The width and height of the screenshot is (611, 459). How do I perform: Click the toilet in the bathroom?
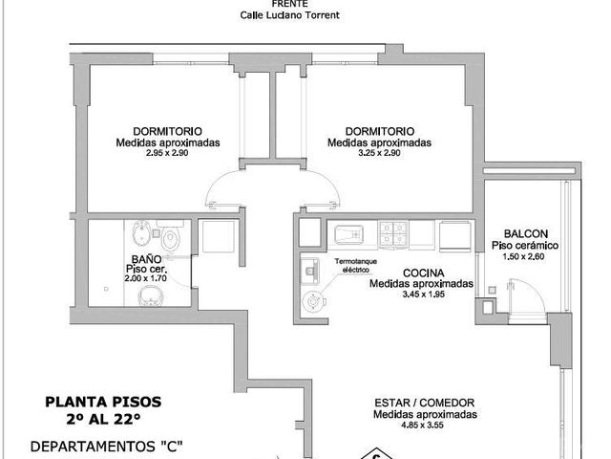pos(170,238)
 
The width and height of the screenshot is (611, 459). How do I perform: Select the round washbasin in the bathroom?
pos(151,295)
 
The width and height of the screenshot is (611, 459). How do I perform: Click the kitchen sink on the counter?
pos(348,234)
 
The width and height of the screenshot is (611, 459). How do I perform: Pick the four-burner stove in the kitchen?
pos(393,233)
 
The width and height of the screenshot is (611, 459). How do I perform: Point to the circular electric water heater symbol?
pos(313,301)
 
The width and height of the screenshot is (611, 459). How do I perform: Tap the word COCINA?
pos(424,273)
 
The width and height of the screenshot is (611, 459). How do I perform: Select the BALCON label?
pos(526,233)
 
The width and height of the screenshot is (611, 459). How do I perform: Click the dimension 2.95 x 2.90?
pos(167,153)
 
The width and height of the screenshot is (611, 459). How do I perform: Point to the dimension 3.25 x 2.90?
pos(379,153)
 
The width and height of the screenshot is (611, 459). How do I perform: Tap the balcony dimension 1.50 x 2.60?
pos(523,257)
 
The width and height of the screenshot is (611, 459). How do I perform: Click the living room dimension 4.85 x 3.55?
pos(422,425)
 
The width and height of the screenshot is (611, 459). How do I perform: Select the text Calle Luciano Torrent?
pos(289,15)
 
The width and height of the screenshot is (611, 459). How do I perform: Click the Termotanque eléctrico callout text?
pos(355,266)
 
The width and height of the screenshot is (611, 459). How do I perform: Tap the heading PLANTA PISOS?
pos(103,402)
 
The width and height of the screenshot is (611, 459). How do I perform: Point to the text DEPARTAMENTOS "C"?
pos(106,447)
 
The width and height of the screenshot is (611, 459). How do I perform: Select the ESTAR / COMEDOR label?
pos(424,403)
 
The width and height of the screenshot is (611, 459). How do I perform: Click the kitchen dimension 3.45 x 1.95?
pos(424,295)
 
